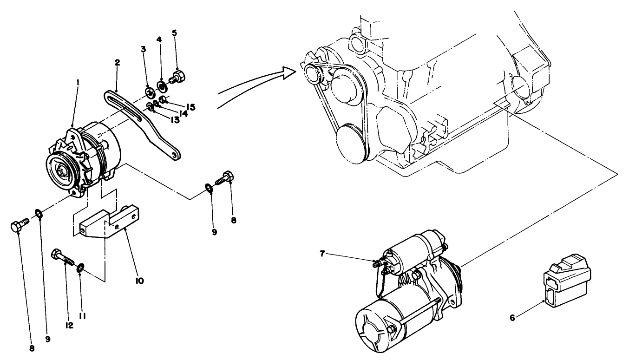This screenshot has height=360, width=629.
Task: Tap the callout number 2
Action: pyautogui.click(x=118, y=62)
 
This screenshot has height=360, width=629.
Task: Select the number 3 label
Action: pyautogui.click(x=144, y=49)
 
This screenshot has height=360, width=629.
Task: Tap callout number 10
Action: pyautogui.click(x=139, y=281)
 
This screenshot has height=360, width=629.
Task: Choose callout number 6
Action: pyautogui.click(x=512, y=318)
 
